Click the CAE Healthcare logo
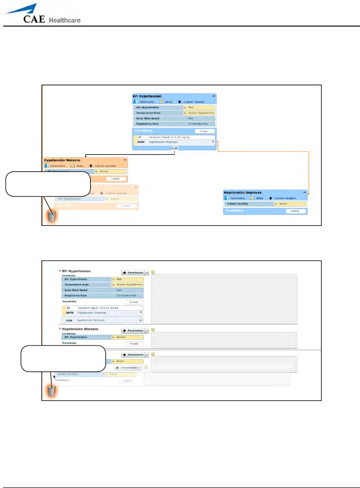pyautogui.click(x=42, y=15)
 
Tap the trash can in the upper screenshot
pyautogui.click(x=51, y=216)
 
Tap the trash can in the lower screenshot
pyautogui.click(x=51, y=391)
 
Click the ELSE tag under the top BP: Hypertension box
pyautogui.click(x=174, y=148)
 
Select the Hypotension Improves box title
pyautogui.click(x=242, y=192)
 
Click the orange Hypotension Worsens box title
pyautogui.click(x=62, y=160)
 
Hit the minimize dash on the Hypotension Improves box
pyautogui.click(x=305, y=192)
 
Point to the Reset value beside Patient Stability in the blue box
pyautogui.click(x=283, y=204)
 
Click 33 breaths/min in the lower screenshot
pyautogui.click(x=126, y=296)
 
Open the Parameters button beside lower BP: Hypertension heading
pyautogui.click(x=133, y=273)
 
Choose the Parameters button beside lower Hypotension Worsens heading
pyautogui.click(x=133, y=331)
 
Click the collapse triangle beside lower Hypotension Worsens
pyautogui.click(x=60, y=329)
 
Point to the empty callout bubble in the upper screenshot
pyautogui.click(x=48, y=184)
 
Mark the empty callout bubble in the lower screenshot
pyautogui.click(x=63, y=359)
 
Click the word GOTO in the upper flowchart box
pyautogui.click(x=141, y=142)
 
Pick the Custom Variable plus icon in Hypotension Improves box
pyautogui.click(x=271, y=198)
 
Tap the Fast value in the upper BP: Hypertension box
pyautogui.click(x=191, y=118)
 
